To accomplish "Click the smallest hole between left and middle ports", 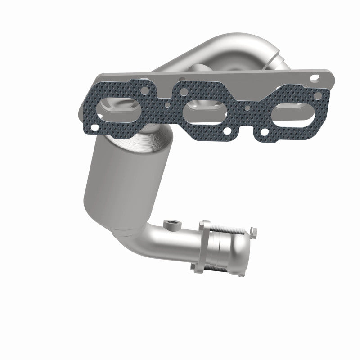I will tap(167, 107).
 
